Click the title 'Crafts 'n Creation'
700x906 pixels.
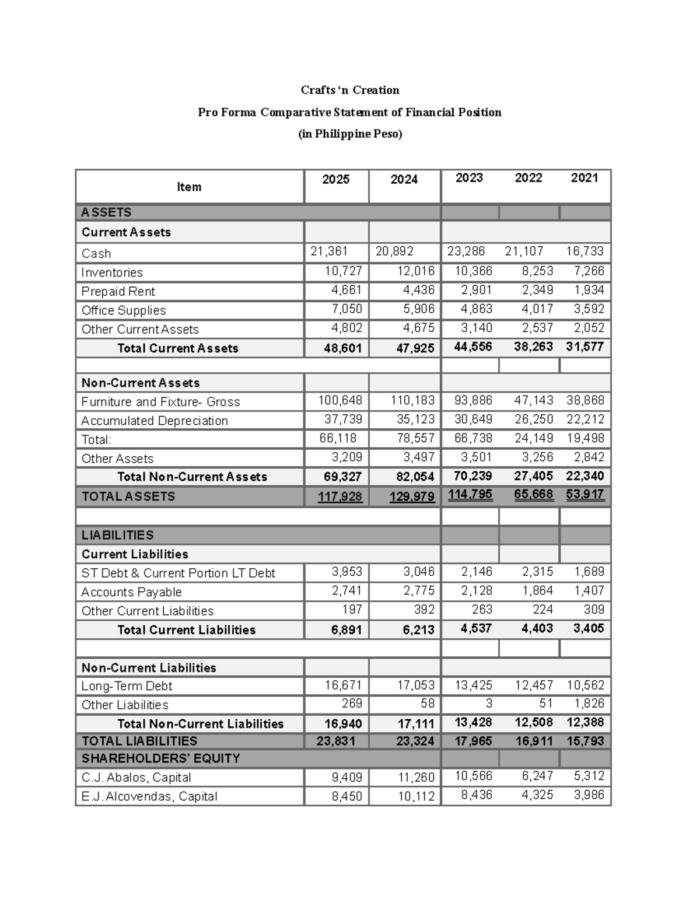350,90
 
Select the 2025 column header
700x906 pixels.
336,180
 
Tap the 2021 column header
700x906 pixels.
584,178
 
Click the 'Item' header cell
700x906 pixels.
189,187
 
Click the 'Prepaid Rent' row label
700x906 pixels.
118,292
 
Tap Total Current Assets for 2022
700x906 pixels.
533,347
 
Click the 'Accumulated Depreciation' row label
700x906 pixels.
155,421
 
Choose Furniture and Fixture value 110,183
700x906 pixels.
412,401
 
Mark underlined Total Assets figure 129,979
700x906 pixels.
412,496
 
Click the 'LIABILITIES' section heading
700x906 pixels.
118,535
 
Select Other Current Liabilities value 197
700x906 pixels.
352,610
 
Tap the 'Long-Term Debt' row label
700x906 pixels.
127,686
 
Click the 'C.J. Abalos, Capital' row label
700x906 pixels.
136,778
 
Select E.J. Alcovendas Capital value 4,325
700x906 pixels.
537,795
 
